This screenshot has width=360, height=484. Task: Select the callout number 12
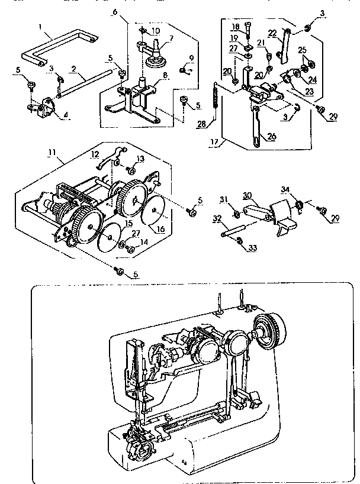[x=94, y=155]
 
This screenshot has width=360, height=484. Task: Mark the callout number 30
[x=247, y=194]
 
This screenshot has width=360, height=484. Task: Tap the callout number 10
[x=155, y=30]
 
